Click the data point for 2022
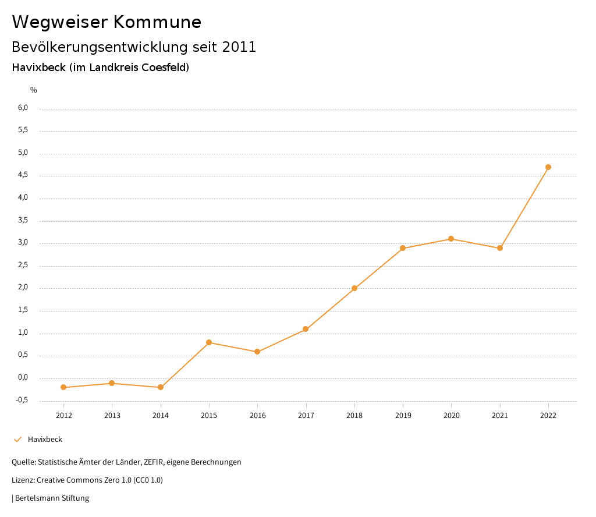click(548, 167)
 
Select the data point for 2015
click(209, 342)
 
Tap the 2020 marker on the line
click(451, 239)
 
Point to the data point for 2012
click(63, 387)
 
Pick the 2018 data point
click(354, 288)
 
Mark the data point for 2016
click(257, 352)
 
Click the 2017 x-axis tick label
click(306, 415)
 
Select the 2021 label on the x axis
click(500, 415)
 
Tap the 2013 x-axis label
click(112, 415)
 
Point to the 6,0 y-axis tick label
click(23, 108)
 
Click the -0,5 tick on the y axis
click(22, 400)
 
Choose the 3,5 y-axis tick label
click(23, 221)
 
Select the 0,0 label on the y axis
click(23, 377)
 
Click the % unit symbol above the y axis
click(34, 90)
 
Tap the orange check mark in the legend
click(17, 440)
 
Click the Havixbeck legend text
click(45, 440)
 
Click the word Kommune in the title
click(158, 22)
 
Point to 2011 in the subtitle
click(239, 47)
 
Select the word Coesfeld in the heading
click(165, 68)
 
